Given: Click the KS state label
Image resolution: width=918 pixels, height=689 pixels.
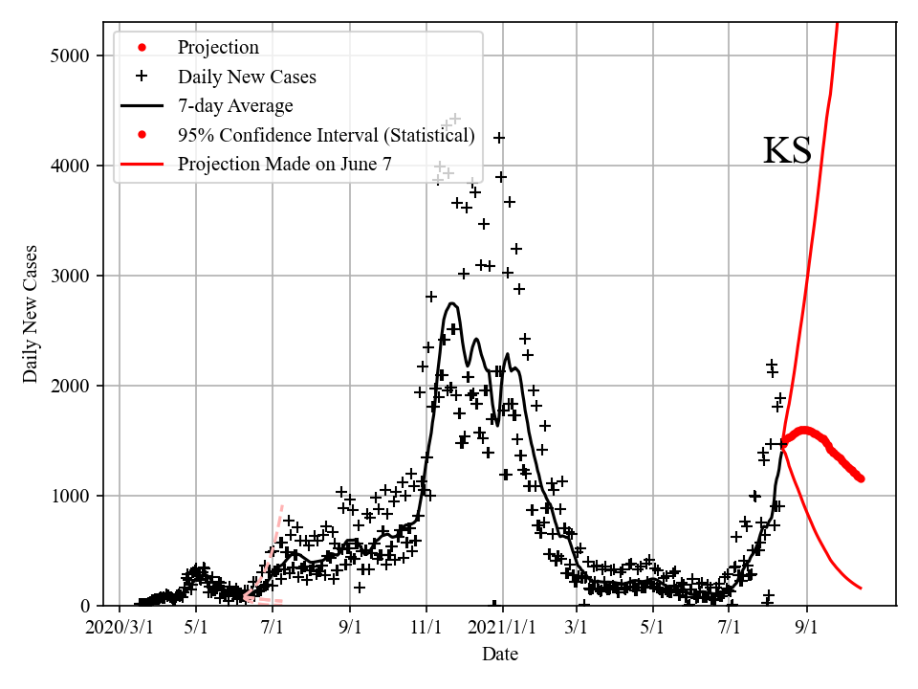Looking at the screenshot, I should tap(787, 151).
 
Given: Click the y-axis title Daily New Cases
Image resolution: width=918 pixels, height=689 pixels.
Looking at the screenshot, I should tap(32, 314).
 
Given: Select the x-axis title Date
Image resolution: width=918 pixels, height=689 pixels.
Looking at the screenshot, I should tap(500, 655).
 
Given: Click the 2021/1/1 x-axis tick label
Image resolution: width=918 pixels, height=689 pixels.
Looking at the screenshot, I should tap(502, 629).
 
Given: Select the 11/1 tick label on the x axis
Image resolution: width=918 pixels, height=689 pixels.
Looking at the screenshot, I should tap(426, 629).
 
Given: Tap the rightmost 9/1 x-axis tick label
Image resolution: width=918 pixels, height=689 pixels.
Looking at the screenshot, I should tap(807, 629).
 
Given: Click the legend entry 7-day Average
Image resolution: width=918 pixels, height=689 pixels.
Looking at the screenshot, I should tap(235, 105).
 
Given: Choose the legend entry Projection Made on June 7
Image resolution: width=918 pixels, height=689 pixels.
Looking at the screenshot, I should tap(284, 165).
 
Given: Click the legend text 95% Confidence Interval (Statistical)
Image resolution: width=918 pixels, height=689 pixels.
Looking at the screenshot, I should tap(326, 135).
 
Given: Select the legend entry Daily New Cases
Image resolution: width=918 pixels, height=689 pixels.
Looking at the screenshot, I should tap(247, 77).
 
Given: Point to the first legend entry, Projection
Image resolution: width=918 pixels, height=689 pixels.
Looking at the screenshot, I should tap(218, 47).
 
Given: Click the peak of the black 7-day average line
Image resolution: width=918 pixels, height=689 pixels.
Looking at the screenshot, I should tap(452, 303).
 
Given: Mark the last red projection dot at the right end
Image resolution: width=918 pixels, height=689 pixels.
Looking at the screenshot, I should tap(861, 478).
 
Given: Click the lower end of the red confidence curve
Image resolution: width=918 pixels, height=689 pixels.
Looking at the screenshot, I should tap(861, 588).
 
